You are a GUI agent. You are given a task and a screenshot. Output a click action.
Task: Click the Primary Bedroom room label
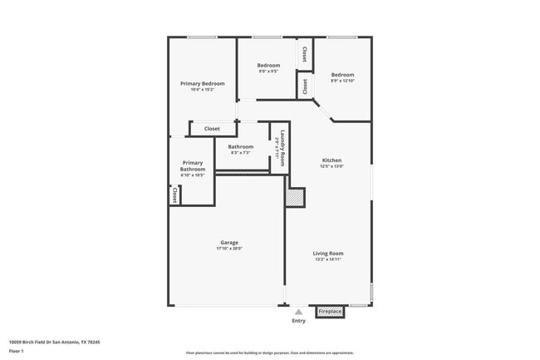(x=203, y=83)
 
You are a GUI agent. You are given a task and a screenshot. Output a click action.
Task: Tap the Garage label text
(x=229, y=243)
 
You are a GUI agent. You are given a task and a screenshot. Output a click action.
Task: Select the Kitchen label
(x=331, y=160)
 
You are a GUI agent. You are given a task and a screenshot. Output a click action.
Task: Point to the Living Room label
(x=328, y=254)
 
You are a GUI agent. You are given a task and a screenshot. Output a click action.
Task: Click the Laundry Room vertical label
(x=282, y=148)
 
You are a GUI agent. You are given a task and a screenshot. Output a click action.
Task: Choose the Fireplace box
(x=330, y=312)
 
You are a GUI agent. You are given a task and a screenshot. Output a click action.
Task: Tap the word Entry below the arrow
(x=298, y=321)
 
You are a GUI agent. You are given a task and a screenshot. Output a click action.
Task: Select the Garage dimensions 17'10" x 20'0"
(x=229, y=249)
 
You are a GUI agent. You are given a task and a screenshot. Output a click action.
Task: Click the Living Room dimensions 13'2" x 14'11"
(x=328, y=259)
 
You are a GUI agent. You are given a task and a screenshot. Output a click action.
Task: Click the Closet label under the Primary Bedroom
(x=212, y=129)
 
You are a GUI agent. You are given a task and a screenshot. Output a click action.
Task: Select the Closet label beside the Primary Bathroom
(x=174, y=195)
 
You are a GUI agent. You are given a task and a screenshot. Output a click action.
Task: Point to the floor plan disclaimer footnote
(x=269, y=353)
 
